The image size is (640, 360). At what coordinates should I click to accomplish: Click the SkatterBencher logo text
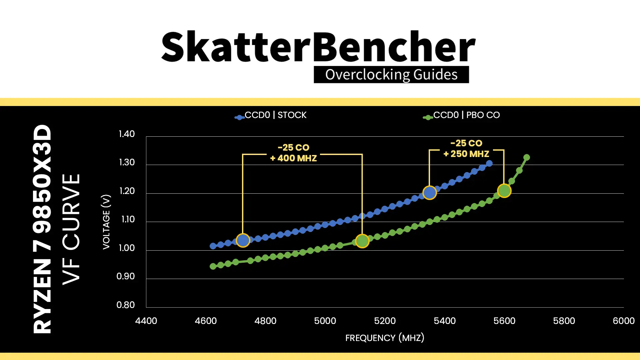coord(318,47)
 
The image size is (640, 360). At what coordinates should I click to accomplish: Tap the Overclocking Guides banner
coord(391,74)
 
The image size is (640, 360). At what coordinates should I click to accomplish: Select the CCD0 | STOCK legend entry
coord(270,115)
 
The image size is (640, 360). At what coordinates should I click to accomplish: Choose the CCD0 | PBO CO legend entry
coord(461,115)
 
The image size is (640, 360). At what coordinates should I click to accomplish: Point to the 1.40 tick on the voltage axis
coord(127,134)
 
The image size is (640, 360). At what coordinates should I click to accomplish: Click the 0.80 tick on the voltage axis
coord(126,305)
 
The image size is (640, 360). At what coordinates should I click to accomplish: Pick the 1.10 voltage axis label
coord(127,219)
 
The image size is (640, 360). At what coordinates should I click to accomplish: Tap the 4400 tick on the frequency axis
coord(146,321)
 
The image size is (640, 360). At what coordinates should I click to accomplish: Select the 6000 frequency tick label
coord(624,321)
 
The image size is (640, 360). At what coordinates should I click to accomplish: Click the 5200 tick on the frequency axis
coord(385,321)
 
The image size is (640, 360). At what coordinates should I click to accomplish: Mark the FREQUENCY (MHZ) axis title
coord(385,338)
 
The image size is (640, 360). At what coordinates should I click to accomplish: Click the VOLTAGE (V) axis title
coord(106,222)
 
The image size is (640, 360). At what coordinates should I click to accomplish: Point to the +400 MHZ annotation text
coord(293,158)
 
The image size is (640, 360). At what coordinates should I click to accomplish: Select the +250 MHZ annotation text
coord(466,154)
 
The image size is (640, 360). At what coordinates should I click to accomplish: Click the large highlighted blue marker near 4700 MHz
coord(243,240)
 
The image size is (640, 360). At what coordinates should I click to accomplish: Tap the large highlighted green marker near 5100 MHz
coord(362,241)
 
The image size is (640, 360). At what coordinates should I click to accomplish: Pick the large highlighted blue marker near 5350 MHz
coord(430,193)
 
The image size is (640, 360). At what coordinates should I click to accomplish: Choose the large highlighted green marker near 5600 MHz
coord(504,191)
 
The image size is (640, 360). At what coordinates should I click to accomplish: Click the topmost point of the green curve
coord(527,157)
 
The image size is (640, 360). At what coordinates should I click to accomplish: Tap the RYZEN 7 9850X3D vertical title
coord(42,229)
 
